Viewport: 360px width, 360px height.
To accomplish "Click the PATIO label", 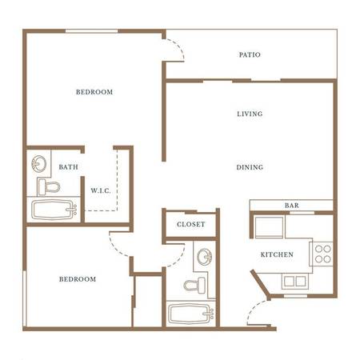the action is pos(250,54).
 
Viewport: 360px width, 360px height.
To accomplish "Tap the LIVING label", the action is pos(250,114).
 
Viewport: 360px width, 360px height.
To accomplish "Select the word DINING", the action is pos(250,167).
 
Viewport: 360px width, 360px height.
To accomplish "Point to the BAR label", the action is pos(292,206).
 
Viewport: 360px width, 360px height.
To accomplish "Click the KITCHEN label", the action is pos(277,254).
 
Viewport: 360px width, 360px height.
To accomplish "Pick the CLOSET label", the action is pos(191,224).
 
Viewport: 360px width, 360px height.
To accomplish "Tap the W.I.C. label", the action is pos(101,190).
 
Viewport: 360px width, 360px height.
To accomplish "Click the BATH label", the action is pos(69,167).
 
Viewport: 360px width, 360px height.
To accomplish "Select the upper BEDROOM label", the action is pos(94,92).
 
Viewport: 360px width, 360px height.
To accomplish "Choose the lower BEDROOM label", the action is pos(78,279).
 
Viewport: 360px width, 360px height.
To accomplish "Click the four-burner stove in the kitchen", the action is pos(322,254).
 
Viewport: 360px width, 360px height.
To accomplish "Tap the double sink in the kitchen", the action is pos(295,282).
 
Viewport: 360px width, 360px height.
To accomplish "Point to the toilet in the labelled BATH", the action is pos(48,187).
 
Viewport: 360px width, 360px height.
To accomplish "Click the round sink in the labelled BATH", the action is pos(39,164).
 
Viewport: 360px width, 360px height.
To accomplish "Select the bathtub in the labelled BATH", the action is pos(54,210).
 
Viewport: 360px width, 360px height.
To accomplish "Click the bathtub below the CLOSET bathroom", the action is pos(191,314).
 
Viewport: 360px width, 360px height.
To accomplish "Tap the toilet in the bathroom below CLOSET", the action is pos(194,286).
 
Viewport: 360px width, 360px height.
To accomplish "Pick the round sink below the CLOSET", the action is pos(205,257).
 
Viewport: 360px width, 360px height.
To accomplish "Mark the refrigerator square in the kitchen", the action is pos(269,227).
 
